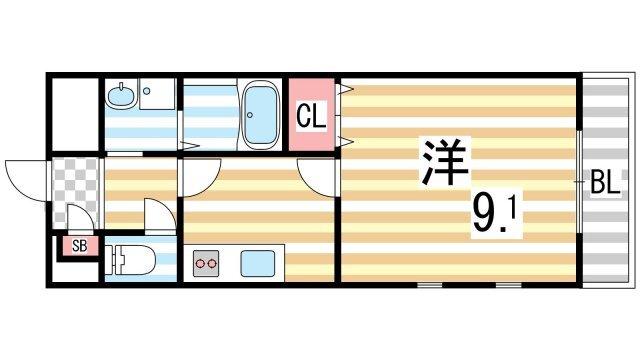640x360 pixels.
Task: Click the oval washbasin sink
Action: (x=119, y=97)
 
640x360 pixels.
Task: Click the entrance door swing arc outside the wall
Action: (x=24, y=180)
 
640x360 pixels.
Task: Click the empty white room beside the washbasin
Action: (x=71, y=112)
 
